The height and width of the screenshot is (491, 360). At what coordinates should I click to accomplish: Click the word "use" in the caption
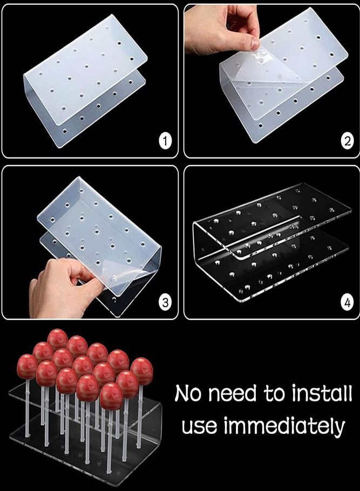pos(199,426)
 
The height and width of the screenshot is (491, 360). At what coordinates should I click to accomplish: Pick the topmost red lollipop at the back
pos(57,340)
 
